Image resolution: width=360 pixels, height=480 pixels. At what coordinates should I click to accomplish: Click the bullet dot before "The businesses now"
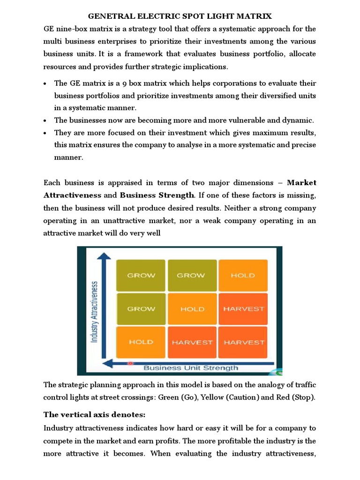tap(45, 120)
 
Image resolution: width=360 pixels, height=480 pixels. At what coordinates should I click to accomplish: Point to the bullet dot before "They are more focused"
tap(45, 133)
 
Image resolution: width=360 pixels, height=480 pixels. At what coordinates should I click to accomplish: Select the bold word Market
tap(301, 182)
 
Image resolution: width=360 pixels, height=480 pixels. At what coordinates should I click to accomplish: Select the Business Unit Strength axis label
tap(191, 367)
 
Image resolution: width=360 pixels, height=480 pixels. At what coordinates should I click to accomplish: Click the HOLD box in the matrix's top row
tap(242, 275)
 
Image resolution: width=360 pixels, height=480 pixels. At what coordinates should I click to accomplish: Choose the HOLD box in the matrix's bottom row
tap(141, 342)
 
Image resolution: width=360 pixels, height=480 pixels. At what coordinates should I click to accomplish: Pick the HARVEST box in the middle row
tap(244, 309)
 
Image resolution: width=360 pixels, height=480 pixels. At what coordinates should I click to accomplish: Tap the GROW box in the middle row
tap(141, 309)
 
